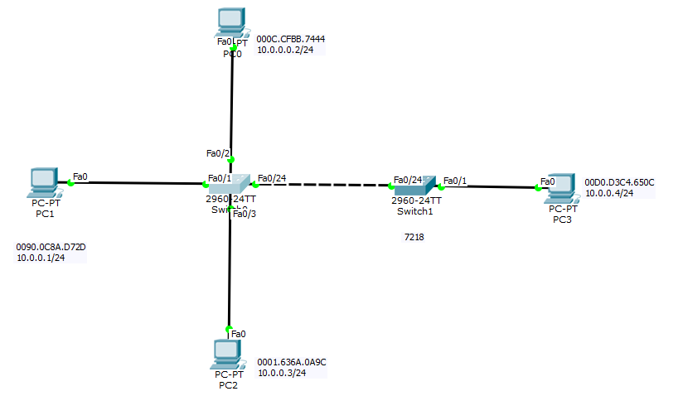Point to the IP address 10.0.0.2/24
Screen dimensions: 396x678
(x=285, y=50)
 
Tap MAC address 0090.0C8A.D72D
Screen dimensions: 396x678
(x=51, y=247)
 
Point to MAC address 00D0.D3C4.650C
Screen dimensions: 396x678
(x=619, y=182)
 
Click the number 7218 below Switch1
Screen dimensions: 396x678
(x=414, y=237)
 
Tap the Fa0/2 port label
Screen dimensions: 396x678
(x=217, y=153)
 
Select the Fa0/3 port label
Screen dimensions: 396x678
(x=244, y=215)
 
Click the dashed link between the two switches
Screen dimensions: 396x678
(x=323, y=184)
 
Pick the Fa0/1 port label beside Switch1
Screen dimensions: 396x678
(x=455, y=180)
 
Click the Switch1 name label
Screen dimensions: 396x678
(x=414, y=211)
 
